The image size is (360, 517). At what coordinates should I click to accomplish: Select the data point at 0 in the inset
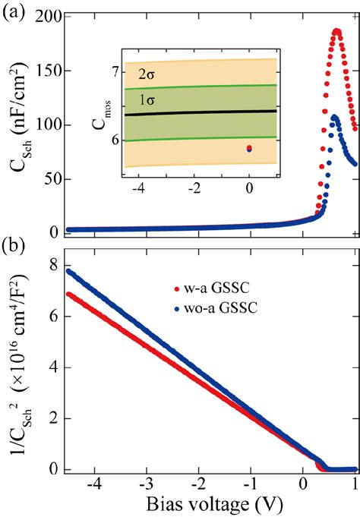point(249,149)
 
